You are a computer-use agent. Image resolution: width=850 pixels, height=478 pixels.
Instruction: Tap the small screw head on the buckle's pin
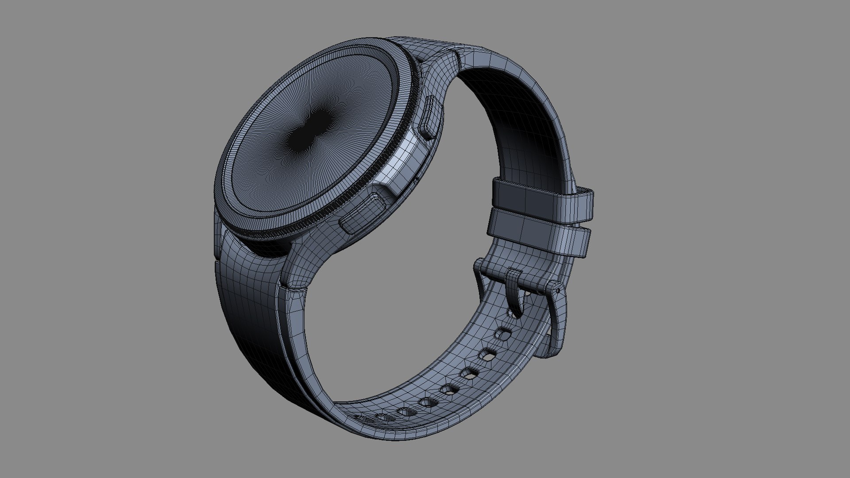(557, 290)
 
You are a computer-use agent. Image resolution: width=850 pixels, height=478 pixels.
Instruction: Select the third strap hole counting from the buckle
(467, 374)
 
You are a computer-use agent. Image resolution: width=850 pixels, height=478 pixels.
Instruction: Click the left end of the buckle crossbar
(480, 266)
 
